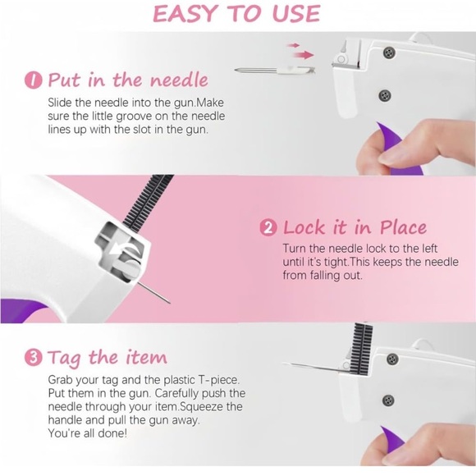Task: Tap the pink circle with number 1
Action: click(33, 80)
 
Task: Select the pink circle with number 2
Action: click(268, 228)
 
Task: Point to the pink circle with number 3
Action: click(33, 358)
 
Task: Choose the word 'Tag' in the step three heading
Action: click(64, 358)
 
